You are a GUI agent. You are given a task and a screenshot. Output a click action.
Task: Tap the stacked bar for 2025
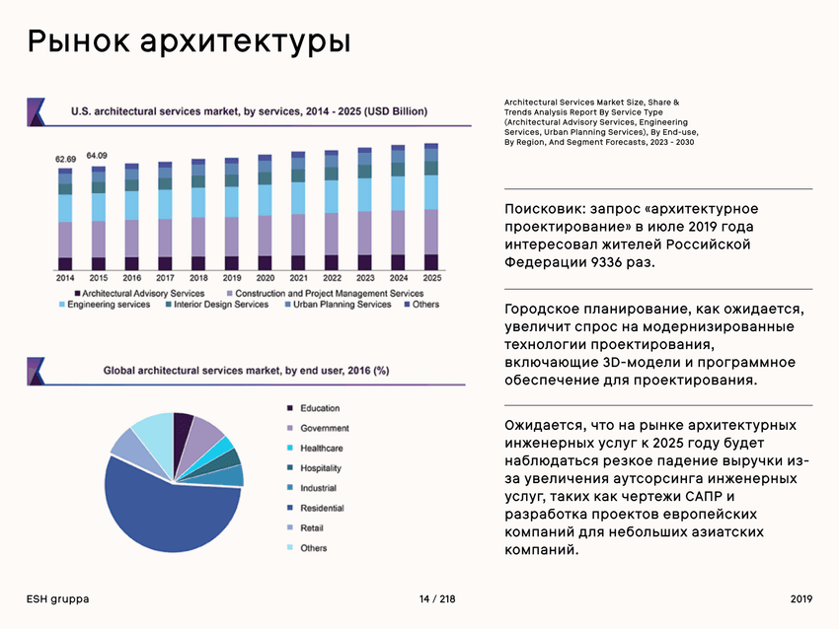(431, 207)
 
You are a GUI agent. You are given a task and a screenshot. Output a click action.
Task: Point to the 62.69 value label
(65, 159)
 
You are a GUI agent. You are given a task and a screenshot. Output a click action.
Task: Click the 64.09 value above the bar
(97, 155)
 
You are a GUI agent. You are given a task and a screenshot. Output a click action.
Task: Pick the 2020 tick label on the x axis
(265, 279)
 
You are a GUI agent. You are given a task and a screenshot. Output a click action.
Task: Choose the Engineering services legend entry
(108, 305)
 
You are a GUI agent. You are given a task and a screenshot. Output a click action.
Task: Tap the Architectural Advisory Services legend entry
(143, 293)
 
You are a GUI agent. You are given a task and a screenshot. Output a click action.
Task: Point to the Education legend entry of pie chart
(319, 408)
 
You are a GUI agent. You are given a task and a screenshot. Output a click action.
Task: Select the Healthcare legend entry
(321, 449)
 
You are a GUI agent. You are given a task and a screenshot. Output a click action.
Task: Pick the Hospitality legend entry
(321, 468)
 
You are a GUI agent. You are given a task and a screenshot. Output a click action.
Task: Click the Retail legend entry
(312, 528)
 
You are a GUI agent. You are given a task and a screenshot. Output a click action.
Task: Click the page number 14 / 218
(437, 599)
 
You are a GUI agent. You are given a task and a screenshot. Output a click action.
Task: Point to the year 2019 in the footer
(801, 599)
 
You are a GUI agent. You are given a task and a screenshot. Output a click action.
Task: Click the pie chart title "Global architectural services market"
(246, 371)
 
